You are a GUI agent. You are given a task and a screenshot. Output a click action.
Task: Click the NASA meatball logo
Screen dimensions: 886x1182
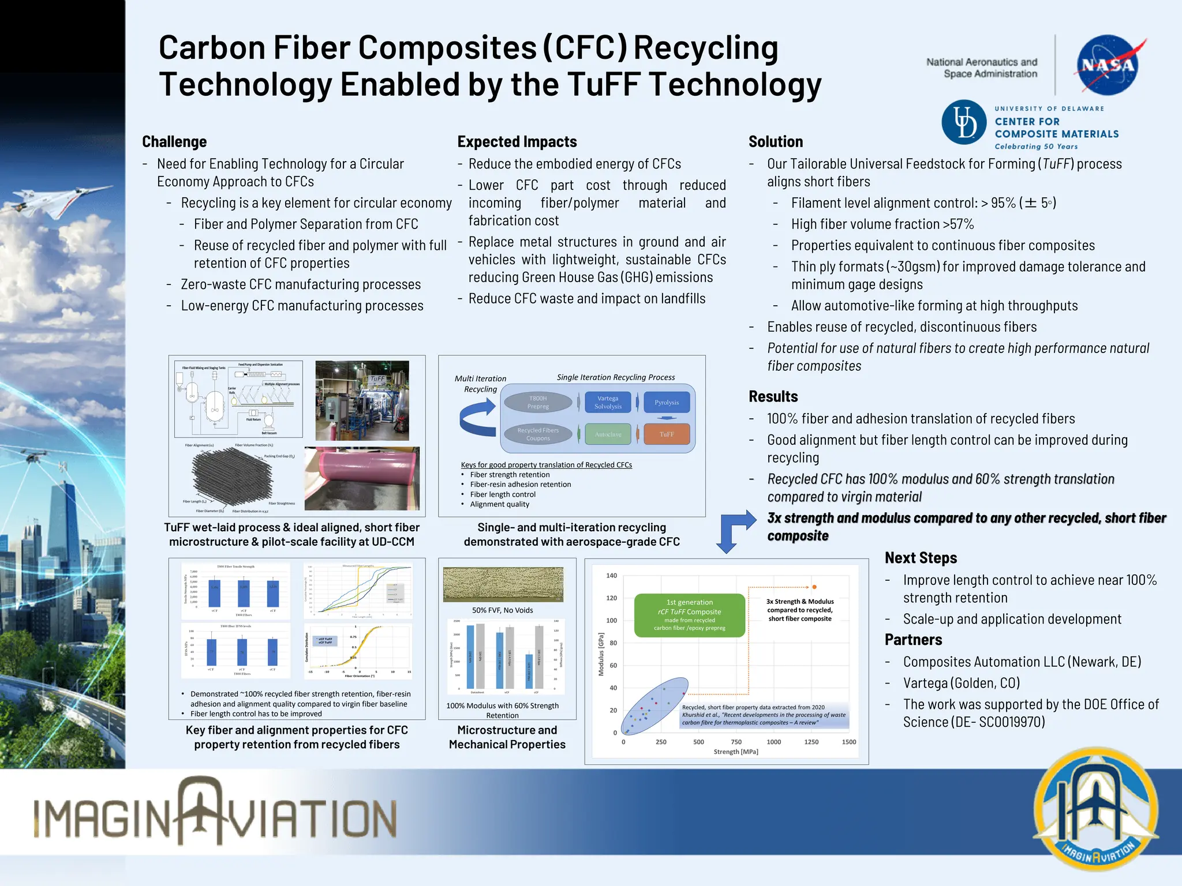[1107, 65]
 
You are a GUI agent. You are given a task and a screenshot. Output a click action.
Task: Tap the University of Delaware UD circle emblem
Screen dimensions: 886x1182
[964, 122]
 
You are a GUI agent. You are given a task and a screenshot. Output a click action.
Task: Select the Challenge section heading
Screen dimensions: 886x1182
[174, 142]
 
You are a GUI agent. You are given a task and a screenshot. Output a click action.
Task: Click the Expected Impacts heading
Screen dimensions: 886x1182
[517, 142]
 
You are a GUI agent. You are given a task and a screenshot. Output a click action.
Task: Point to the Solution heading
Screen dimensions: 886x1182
[776, 142]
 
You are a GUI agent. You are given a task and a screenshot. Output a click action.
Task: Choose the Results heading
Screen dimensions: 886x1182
[773, 397]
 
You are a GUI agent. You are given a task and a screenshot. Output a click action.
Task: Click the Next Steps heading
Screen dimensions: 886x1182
[921, 558]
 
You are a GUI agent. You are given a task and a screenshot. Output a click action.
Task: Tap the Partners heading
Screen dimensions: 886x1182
[913, 640]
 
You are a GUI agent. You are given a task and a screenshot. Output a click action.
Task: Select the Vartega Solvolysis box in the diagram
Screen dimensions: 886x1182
[608, 403]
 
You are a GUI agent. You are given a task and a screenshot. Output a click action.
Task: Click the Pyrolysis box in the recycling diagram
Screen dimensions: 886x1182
[667, 403]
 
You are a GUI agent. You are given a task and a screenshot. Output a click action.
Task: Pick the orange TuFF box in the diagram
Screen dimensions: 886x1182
[667, 434]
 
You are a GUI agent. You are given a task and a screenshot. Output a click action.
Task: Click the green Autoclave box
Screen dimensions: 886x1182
[608, 434]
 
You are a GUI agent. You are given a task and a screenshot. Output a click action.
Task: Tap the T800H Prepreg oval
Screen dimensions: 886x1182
[538, 403]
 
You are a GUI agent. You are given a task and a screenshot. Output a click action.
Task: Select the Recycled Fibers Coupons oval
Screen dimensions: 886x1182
[538, 434]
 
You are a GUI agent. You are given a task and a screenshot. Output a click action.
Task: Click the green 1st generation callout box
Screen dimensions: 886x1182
[690, 615]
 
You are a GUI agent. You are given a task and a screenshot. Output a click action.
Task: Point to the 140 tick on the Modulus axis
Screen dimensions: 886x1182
[612, 576]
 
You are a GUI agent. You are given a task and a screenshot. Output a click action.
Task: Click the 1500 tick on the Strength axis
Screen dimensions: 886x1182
[849, 742]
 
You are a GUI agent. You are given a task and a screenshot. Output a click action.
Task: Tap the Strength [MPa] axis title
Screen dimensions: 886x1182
[736, 752]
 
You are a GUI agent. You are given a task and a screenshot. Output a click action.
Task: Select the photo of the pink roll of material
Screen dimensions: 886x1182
[362, 479]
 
